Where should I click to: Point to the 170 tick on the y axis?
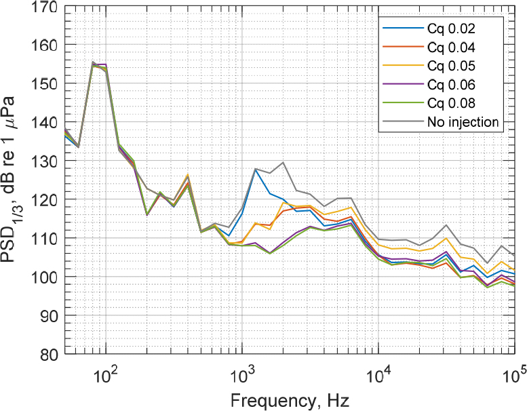click(x=47, y=7)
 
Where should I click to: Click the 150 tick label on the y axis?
click(x=47, y=84)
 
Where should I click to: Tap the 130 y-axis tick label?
click(x=47, y=161)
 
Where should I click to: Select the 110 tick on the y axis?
click(x=47, y=239)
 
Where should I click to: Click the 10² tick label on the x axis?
click(x=105, y=374)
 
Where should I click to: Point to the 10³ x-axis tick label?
click(x=242, y=374)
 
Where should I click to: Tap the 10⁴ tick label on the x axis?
click(x=378, y=374)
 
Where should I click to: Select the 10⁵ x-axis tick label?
click(x=514, y=374)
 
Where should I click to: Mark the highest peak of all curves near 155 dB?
click(x=93, y=62)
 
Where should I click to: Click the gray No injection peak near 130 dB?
click(x=283, y=163)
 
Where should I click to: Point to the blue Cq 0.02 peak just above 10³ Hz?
click(x=256, y=170)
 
